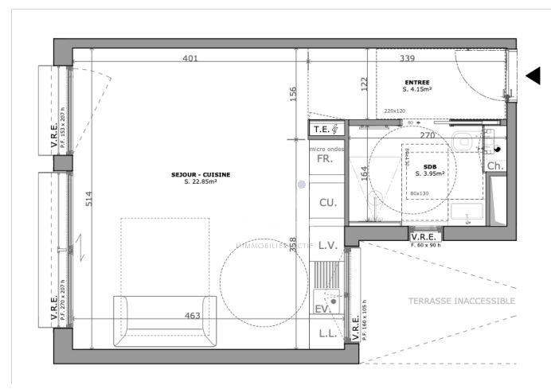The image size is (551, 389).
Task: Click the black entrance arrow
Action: point(533,76)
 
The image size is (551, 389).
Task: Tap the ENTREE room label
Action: point(417,83)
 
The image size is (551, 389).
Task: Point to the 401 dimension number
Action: point(190,58)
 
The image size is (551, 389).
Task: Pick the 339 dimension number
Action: point(407,58)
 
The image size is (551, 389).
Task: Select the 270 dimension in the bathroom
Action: point(428,136)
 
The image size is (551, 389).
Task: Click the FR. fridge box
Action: point(325,159)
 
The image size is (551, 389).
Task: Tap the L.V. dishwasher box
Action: point(327,247)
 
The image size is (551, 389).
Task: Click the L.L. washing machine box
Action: point(326,334)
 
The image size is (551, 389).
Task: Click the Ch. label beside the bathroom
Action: point(494,166)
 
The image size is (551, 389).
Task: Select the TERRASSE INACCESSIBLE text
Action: point(461,301)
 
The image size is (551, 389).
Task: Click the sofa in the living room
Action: point(165,321)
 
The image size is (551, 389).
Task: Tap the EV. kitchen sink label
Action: point(322,309)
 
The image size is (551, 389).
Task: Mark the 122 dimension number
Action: point(364,84)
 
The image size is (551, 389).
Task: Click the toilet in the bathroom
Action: point(463,142)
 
